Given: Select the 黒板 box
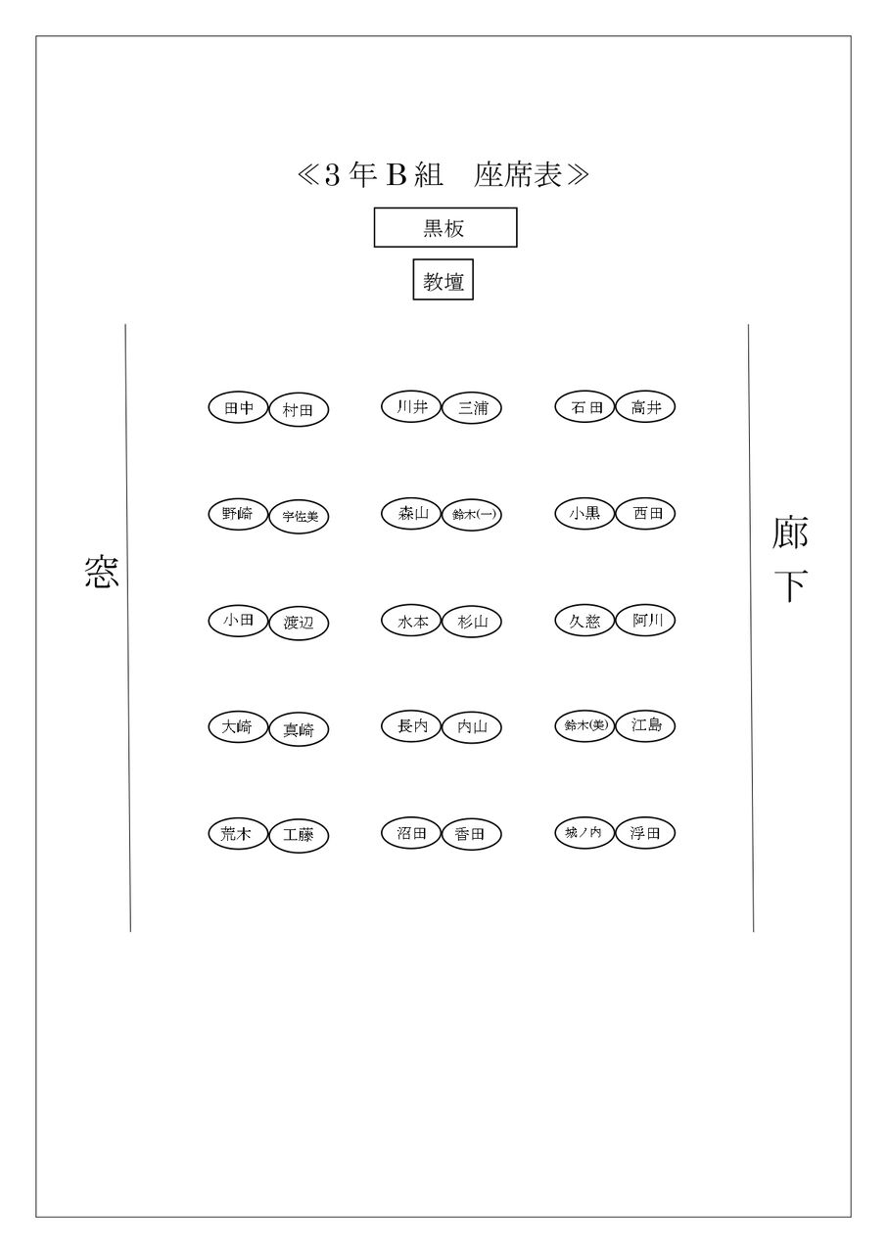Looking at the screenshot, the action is click(444, 228).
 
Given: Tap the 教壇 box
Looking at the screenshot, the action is click(443, 281).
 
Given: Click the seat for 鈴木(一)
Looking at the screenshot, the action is click(471, 515).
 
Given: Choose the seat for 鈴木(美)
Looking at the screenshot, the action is click(584, 725).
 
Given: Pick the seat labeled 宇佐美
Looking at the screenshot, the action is click(299, 516).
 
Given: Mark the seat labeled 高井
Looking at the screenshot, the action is click(645, 407).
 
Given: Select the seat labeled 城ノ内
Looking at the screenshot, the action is click(584, 833).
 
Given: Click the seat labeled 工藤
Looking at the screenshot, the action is click(299, 835).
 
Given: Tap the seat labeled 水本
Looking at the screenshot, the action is click(411, 621).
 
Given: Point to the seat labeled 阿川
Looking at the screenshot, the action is click(645, 620).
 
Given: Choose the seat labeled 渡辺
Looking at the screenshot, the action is click(299, 623).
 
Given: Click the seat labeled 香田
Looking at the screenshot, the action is click(471, 834).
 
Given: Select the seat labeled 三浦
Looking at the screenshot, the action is click(471, 408).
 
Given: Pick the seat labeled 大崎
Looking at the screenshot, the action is click(238, 726).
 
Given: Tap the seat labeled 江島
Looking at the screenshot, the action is click(645, 725).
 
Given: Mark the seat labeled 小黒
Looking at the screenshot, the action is click(584, 512).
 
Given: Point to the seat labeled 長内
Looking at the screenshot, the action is click(411, 726).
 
